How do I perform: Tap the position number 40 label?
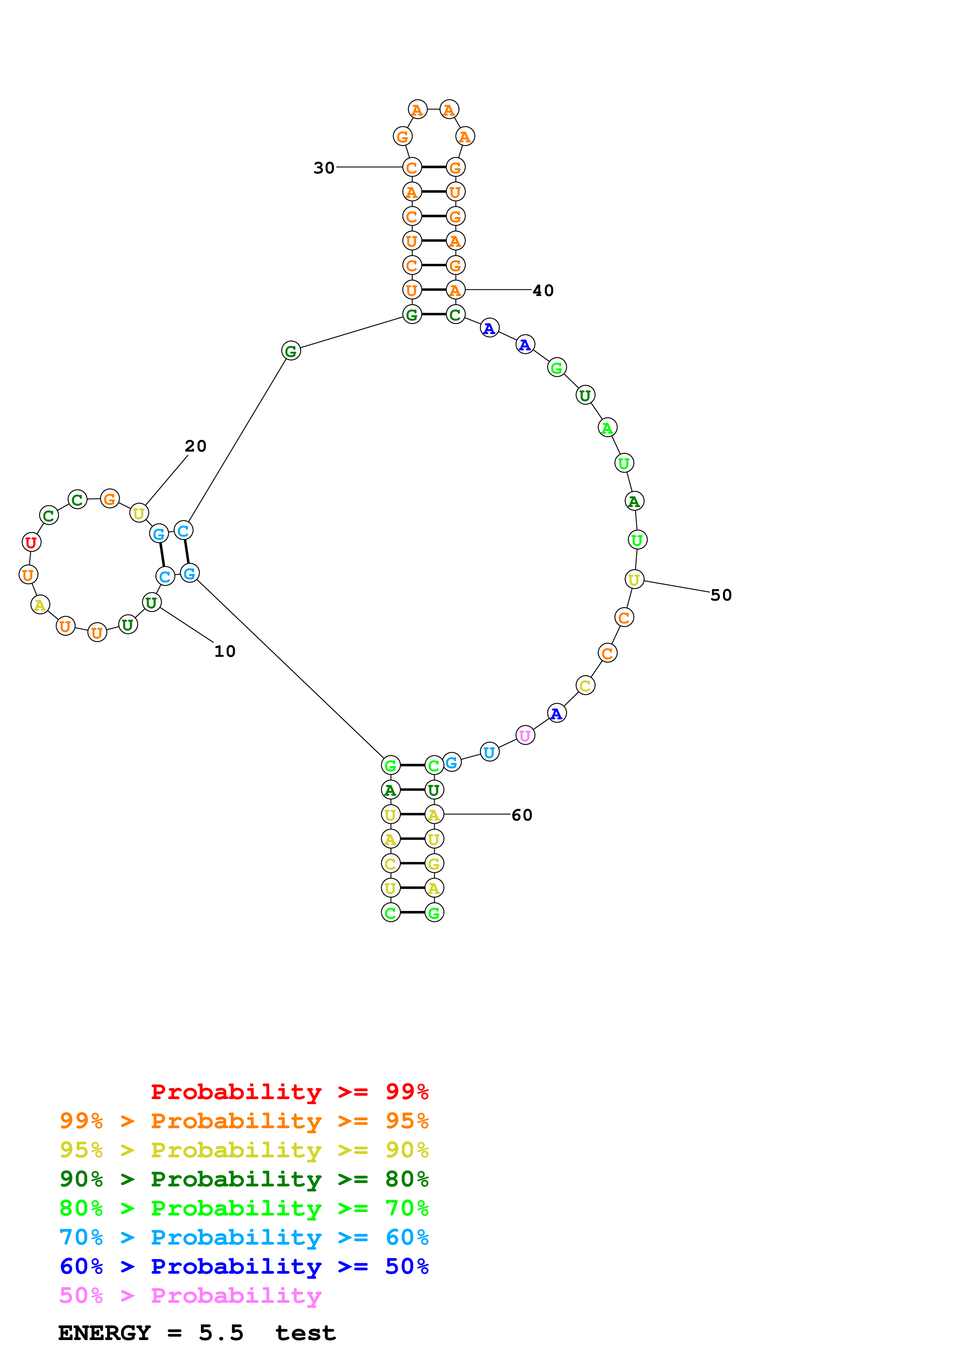pyautogui.click(x=543, y=291)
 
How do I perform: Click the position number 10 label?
pyautogui.click(x=225, y=651)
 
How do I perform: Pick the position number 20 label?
pyautogui.click(x=196, y=446)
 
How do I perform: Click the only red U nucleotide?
pyautogui.click(x=31, y=542)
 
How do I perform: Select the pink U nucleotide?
pyautogui.click(x=525, y=736)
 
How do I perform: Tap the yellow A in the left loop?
pyautogui.click(x=40, y=604)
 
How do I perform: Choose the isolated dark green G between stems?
pyautogui.click(x=290, y=351)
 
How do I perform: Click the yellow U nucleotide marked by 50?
pyautogui.click(x=634, y=580)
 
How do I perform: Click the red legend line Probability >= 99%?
pyautogui.click(x=289, y=1091)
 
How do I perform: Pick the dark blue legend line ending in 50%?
pyautogui.click(x=244, y=1266)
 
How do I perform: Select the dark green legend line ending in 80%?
pyautogui.click(x=244, y=1179)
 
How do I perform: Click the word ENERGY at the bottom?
pyautogui.click(x=104, y=1333)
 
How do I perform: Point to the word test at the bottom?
pyautogui.click(x=305, y=1333)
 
